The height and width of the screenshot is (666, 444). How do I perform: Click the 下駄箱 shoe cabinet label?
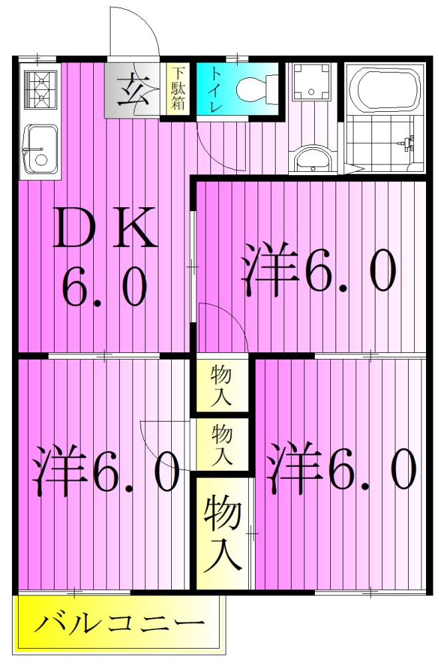pyautogui.click(x=177, y=88)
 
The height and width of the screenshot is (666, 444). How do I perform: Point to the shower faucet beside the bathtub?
pyautogui.click(x=407, y=141)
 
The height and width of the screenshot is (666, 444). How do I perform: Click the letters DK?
pyautogui.click(x=106, y=228)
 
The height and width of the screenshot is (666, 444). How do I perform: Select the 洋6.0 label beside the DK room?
pyautogui.click(x=320, y=270)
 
